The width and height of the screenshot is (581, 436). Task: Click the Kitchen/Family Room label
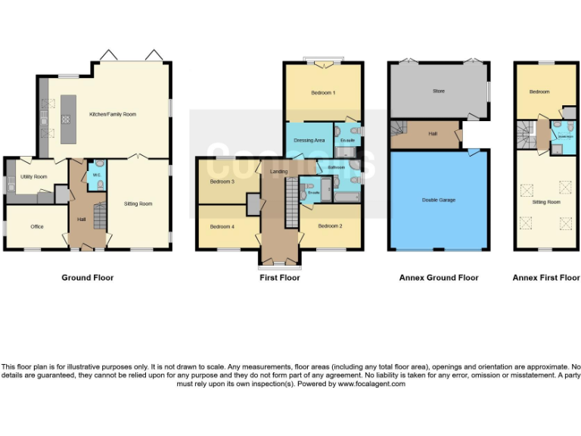click(113, 114)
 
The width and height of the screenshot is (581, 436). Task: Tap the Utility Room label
click(34, 176)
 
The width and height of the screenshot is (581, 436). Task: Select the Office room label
click(36, 226)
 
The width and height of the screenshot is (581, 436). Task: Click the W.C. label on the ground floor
click(97, 175)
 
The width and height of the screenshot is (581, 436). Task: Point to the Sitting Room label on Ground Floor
click(138, 204)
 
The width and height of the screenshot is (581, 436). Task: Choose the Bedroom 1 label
click(323, 92)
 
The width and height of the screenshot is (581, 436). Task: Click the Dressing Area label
click(309, 140)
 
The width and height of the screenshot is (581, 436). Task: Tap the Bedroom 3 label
click(222, 182)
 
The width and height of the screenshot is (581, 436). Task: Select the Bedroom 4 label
click(222, 227)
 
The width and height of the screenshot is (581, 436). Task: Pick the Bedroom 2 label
click(331, 226)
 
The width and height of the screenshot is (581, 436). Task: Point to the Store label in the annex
click(439, 91)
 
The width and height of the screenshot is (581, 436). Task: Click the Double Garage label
click(439, 200)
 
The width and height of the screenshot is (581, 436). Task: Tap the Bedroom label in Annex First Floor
click(539, 92)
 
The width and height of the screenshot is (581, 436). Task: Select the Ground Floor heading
click(88, 278)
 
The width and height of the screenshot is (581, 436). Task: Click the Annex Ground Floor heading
click(439, 278)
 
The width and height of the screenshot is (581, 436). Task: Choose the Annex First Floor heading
click(546, 278)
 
